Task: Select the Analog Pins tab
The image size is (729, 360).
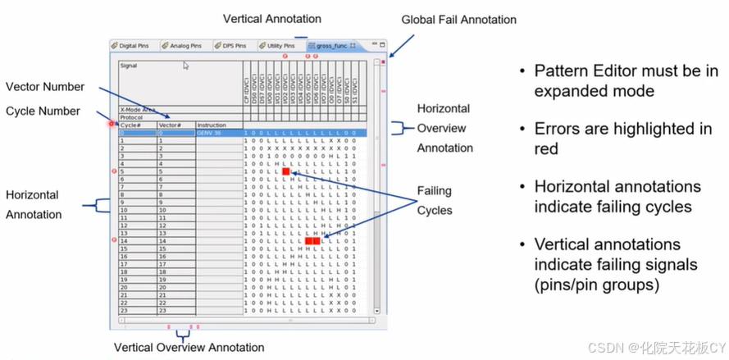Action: tap(184, 46)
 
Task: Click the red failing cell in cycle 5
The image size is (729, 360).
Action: tap(286, 171)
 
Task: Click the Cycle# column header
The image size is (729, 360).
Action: tap(131, 125)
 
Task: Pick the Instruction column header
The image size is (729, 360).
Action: tap(212, 125)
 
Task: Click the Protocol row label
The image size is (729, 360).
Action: tap(133, 116)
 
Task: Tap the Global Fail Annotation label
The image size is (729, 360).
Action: tap(458, 20)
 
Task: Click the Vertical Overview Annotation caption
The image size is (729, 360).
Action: tap(189, 348)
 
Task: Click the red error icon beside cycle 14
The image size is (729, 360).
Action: tap(113, 240)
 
